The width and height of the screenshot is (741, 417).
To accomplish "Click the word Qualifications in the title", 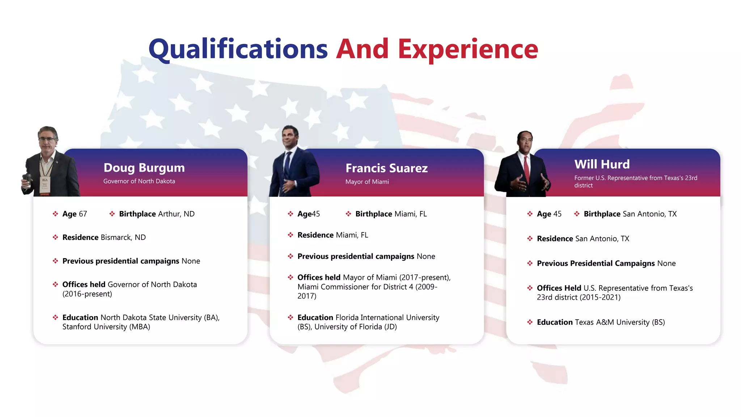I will coord(238,49).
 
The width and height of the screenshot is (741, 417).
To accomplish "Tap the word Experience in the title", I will coord(468,49).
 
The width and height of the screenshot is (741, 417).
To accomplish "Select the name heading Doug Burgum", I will coord(144,168).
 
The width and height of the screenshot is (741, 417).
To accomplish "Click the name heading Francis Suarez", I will coord(386,168).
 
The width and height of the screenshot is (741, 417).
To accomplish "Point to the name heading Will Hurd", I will coord(602,164).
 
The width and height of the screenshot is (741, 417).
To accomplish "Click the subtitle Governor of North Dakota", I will coord(139,181).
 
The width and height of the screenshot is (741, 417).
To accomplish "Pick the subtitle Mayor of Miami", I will coord(367,182).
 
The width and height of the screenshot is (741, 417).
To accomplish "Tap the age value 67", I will coord(83,214).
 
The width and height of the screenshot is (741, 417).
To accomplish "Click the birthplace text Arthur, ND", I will coord(176,214).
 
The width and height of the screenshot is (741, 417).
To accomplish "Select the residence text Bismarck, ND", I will coord(123,237).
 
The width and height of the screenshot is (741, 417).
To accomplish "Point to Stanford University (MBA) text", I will coord(106,327).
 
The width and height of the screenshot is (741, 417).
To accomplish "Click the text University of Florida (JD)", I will coord(355,327).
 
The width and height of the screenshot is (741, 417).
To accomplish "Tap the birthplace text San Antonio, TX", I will coord(649,214).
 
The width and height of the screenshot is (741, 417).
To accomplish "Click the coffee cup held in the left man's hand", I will coord(26,179).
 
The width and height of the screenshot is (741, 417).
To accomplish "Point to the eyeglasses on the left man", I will coord(47,139).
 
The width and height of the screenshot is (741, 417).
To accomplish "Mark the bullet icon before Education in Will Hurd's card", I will coord(530,322).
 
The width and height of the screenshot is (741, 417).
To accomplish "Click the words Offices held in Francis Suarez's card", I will coord(319,278).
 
